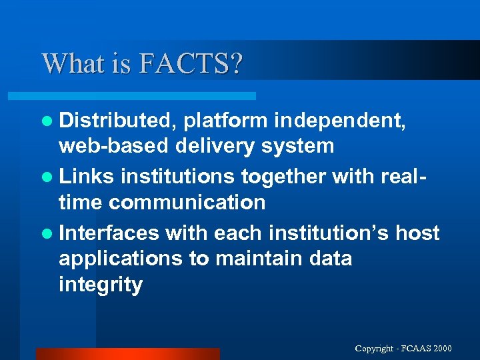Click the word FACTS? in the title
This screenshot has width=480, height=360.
192,64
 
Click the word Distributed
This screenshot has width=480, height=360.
117,121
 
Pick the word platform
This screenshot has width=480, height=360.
226,121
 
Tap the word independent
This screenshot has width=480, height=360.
341,121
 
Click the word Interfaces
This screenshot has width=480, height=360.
109,233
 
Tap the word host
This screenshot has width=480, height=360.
418,233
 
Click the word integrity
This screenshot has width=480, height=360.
101,285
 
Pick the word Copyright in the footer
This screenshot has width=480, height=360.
375,349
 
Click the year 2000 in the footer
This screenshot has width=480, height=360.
441,349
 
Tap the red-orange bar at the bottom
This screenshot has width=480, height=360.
127,354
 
